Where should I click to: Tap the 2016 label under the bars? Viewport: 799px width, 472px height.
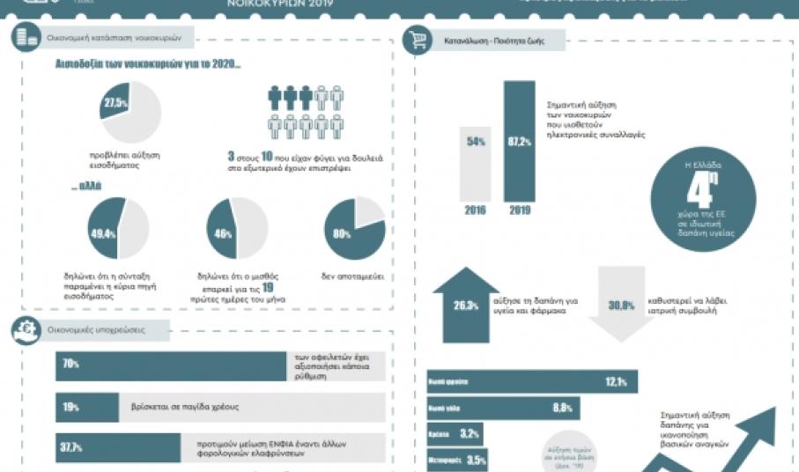477,210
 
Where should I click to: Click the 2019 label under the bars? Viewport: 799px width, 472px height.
519,210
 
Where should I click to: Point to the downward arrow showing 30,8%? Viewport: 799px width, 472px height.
621,303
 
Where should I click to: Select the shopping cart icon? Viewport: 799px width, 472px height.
417,41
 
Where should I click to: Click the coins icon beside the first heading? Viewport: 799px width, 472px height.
24,38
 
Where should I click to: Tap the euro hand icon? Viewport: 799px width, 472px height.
24,330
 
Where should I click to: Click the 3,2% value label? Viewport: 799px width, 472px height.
470,433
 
